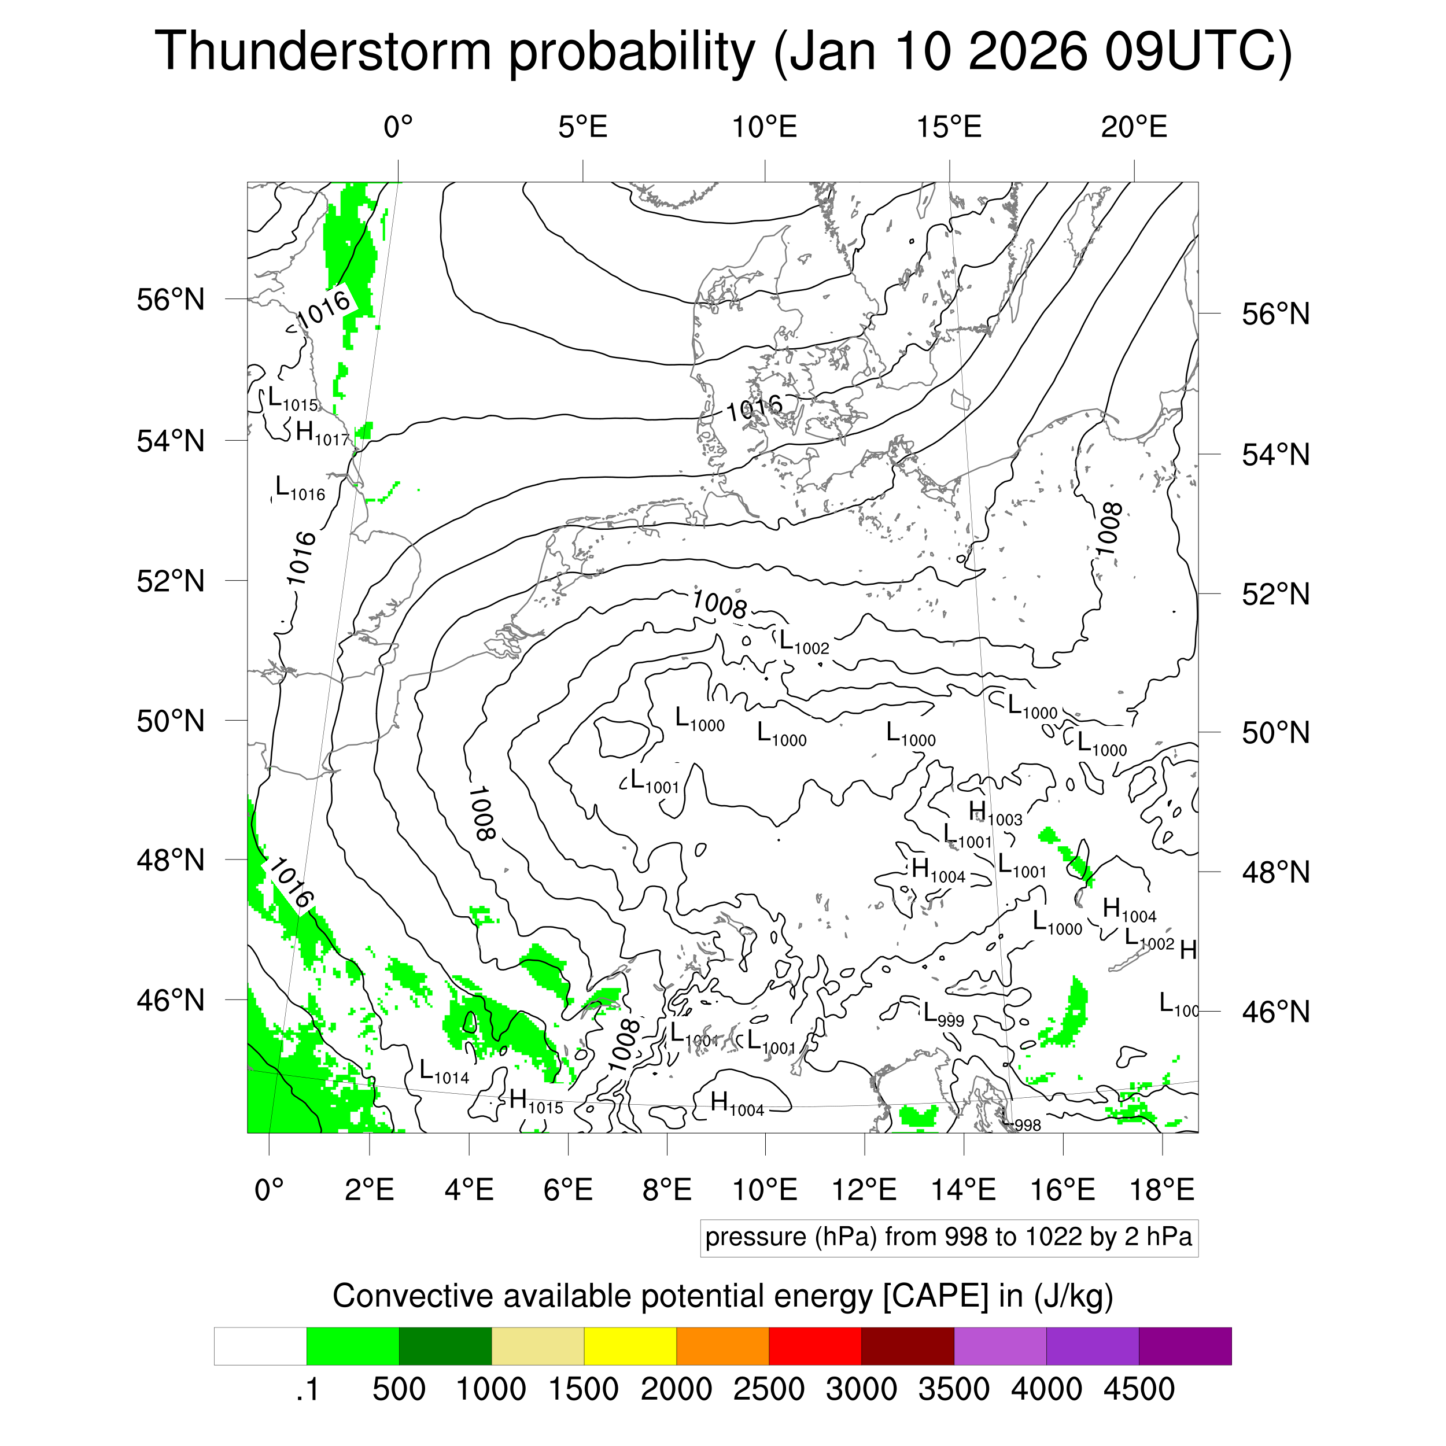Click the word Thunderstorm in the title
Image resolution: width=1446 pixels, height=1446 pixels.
323,51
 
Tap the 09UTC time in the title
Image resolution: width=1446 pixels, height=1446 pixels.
1197,51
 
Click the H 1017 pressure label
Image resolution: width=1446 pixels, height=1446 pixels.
322,433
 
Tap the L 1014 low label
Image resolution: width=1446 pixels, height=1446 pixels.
444,1072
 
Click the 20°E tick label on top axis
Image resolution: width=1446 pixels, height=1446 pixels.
1134,127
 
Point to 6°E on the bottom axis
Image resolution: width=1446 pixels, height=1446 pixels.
568,1189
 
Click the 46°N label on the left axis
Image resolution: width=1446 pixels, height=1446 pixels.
171,1000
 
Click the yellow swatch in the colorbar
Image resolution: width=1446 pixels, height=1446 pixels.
630,1347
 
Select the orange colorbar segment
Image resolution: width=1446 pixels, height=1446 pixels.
722,1347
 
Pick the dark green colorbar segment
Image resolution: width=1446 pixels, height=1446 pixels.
445,1347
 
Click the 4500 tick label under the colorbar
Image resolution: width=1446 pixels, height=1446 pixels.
1138,1389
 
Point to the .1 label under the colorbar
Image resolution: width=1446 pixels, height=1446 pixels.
307,1389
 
